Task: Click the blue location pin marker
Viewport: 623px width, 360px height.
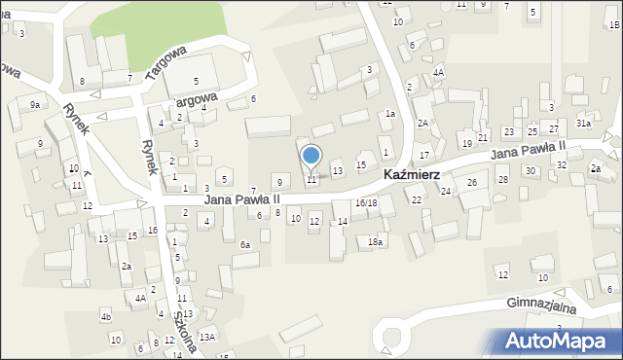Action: point(311,156)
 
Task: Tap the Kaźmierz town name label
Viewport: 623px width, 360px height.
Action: point(405,175)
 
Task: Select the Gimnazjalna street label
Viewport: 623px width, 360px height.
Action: point(542,305)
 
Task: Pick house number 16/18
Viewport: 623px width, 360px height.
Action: point(366,202)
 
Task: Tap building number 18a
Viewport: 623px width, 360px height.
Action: point(375,241)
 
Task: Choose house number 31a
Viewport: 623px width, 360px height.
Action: point(583,124)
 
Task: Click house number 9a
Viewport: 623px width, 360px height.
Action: point(35,104)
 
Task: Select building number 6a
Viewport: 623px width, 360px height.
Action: point(246,245)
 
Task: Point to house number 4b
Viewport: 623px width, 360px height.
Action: point(105,317)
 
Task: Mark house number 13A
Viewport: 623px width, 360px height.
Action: point(206,337)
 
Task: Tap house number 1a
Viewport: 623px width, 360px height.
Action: point(389,114)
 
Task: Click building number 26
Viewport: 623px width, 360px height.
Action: point(472,183)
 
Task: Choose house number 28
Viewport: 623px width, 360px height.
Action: point(503,180)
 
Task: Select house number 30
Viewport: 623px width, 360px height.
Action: point(531,171)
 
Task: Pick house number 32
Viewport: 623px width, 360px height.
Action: point(562,165)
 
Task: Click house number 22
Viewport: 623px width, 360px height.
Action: point(417,199)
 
